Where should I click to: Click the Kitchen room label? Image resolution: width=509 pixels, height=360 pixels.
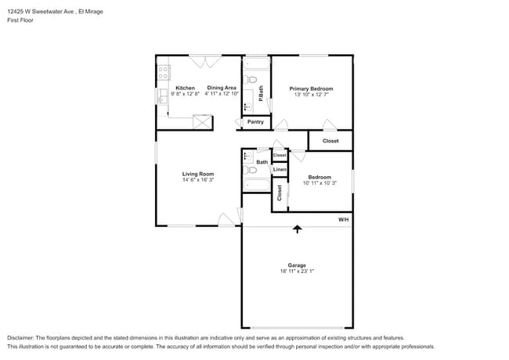pyautogui.click(x=185, y=88)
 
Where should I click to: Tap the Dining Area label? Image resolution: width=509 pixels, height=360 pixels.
pyautogui.click(x=221, y=88)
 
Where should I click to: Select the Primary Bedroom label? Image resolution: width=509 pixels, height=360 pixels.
pyautogui.click(x=311, y=88)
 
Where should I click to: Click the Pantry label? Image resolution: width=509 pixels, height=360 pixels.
pyautogui.click(x=255, y=122)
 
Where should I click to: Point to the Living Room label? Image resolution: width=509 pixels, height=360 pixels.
pyautogui.click(x=198, y=174)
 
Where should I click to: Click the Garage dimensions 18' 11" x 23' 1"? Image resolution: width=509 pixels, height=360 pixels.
pyautogui.click(x=297, y=271)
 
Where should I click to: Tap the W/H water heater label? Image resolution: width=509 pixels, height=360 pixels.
pyautogui.click(x=343, y=220)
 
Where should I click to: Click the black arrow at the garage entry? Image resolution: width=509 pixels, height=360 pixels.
pyautogui.click(x=297, y=229)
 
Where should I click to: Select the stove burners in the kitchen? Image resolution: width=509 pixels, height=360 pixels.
pyautogui.click(x=164, y=73)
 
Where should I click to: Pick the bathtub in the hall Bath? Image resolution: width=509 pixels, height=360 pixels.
pyautogui.click(x=256, y=185)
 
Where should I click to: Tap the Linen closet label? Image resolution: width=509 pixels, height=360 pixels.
pyautogui.click(x=280, y=169)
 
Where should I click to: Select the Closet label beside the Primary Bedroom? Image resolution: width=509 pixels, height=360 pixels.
pyautogui.click(x=330, y=141)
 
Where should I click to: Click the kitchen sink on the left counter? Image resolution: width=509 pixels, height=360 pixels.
pyautogui.click(x=162, y=97)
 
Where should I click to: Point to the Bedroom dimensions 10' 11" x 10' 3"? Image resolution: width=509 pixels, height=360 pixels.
pyautogui.click(x=319, y=183)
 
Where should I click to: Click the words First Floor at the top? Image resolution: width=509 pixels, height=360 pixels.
pyautogui.click(x=20, y=20)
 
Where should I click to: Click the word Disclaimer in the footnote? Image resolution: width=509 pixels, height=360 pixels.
pyautogui.click(x=23, y=337)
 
